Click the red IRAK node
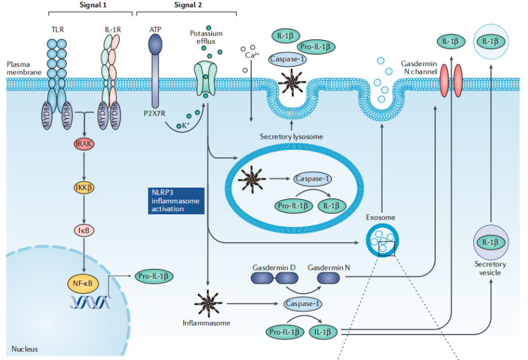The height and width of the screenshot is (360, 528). (84, 144)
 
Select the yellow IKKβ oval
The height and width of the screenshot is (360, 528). (84, 188)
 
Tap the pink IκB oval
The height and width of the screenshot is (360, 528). (84, 230)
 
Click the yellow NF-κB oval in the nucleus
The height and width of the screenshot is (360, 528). (83, 283)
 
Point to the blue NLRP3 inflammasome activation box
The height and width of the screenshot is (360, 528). (176, 201)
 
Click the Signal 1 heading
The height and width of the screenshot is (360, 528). (93, 4)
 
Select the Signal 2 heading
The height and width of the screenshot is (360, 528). (188, 4)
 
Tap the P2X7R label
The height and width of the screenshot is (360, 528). (155, 113)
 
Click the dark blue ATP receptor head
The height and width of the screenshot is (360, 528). (155, 45)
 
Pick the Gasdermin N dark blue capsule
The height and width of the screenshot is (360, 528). (329, 278)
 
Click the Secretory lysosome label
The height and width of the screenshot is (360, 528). (291, 137)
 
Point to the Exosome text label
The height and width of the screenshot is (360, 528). (380, 218)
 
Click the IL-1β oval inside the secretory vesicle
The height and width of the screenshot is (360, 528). (490, 242)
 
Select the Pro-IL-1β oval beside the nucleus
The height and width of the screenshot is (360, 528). (153, 277)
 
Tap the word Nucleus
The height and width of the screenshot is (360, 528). (25, 349)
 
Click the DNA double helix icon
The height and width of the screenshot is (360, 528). (90, 302)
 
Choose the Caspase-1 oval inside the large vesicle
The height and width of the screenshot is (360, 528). (312, 179)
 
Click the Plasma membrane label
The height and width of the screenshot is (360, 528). (24, 68)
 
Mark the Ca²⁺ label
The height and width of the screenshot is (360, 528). (252, 55)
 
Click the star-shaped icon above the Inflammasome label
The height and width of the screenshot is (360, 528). (208, 303)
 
